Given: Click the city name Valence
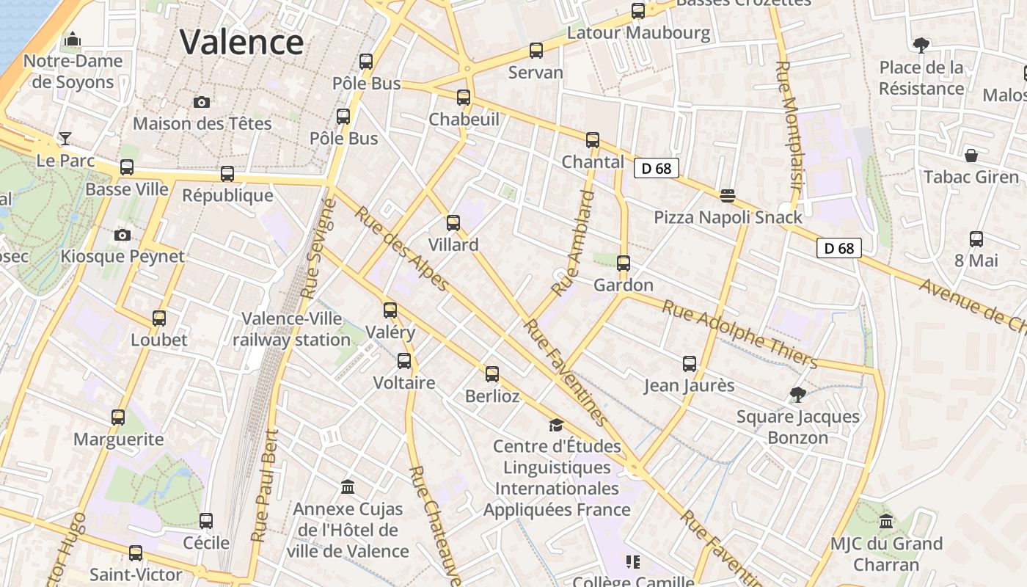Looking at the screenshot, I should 241,42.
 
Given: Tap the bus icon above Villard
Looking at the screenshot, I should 453,223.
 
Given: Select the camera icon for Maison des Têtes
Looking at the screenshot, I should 202,102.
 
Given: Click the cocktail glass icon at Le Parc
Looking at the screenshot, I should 65,138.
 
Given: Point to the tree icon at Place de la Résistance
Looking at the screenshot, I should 921,45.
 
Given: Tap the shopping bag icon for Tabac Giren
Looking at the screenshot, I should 971,156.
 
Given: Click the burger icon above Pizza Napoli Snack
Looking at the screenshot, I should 728,195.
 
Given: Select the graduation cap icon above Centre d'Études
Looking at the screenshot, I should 556,425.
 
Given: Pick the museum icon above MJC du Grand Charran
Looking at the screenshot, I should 886,522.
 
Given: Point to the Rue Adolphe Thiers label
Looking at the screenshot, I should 739,333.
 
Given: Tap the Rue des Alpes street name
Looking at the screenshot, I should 401,249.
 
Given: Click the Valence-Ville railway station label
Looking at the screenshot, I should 291,329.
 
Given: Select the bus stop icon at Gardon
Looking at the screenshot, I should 624,263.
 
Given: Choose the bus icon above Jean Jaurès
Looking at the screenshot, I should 690,363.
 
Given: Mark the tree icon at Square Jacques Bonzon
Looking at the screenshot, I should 798,395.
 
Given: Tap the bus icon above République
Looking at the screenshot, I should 227,174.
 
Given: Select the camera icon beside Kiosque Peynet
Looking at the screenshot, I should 123,235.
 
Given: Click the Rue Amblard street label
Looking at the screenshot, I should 571,243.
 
